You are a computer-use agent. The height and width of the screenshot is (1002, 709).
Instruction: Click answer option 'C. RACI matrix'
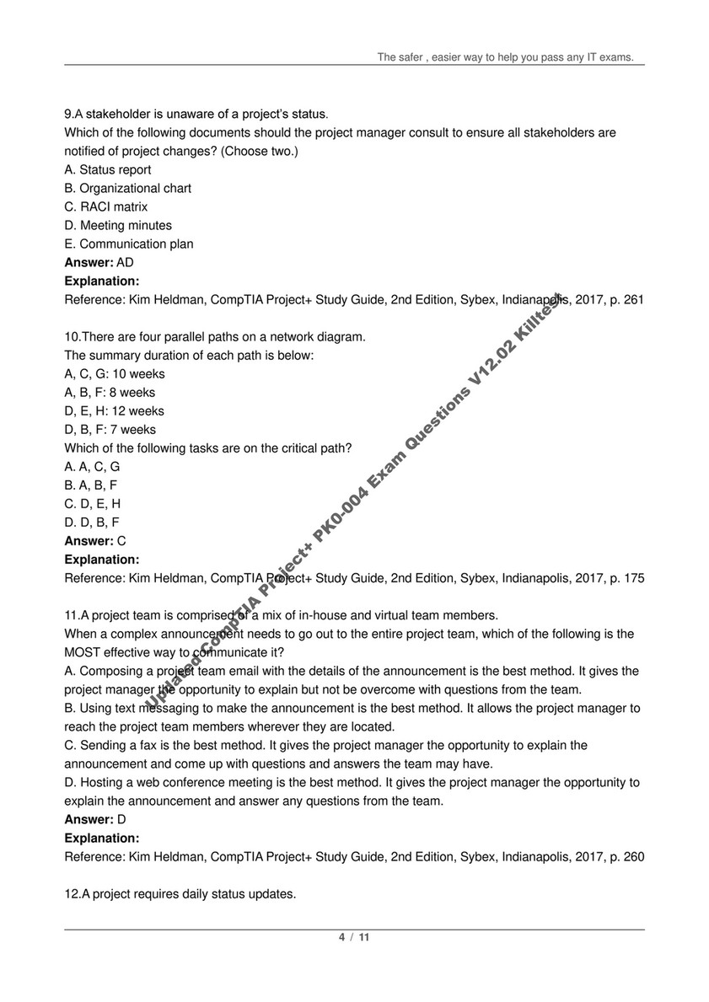tap(106, 206)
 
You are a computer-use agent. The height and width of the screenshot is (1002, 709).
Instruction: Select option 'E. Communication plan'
tap(129, 244)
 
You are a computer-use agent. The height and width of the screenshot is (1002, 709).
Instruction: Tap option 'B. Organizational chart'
tap(128, 188)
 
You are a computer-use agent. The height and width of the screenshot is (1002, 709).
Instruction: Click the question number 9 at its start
tap(68, 114)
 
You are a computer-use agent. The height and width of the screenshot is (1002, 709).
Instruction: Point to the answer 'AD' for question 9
tap(125, 262)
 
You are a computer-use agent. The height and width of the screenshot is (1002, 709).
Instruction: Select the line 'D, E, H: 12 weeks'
tap(115, 410)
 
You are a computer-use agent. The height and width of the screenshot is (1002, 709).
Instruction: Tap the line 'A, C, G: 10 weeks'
tap(115, 373)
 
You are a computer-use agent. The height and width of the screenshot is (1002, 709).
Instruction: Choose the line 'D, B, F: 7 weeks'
tap(110, 429)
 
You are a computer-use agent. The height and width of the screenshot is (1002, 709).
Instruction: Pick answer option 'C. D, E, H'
tap(93, 503)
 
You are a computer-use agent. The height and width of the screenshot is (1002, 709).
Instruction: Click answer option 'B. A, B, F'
tap(91, 485)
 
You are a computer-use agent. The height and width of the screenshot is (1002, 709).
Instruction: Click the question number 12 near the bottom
tap(72, 893)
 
